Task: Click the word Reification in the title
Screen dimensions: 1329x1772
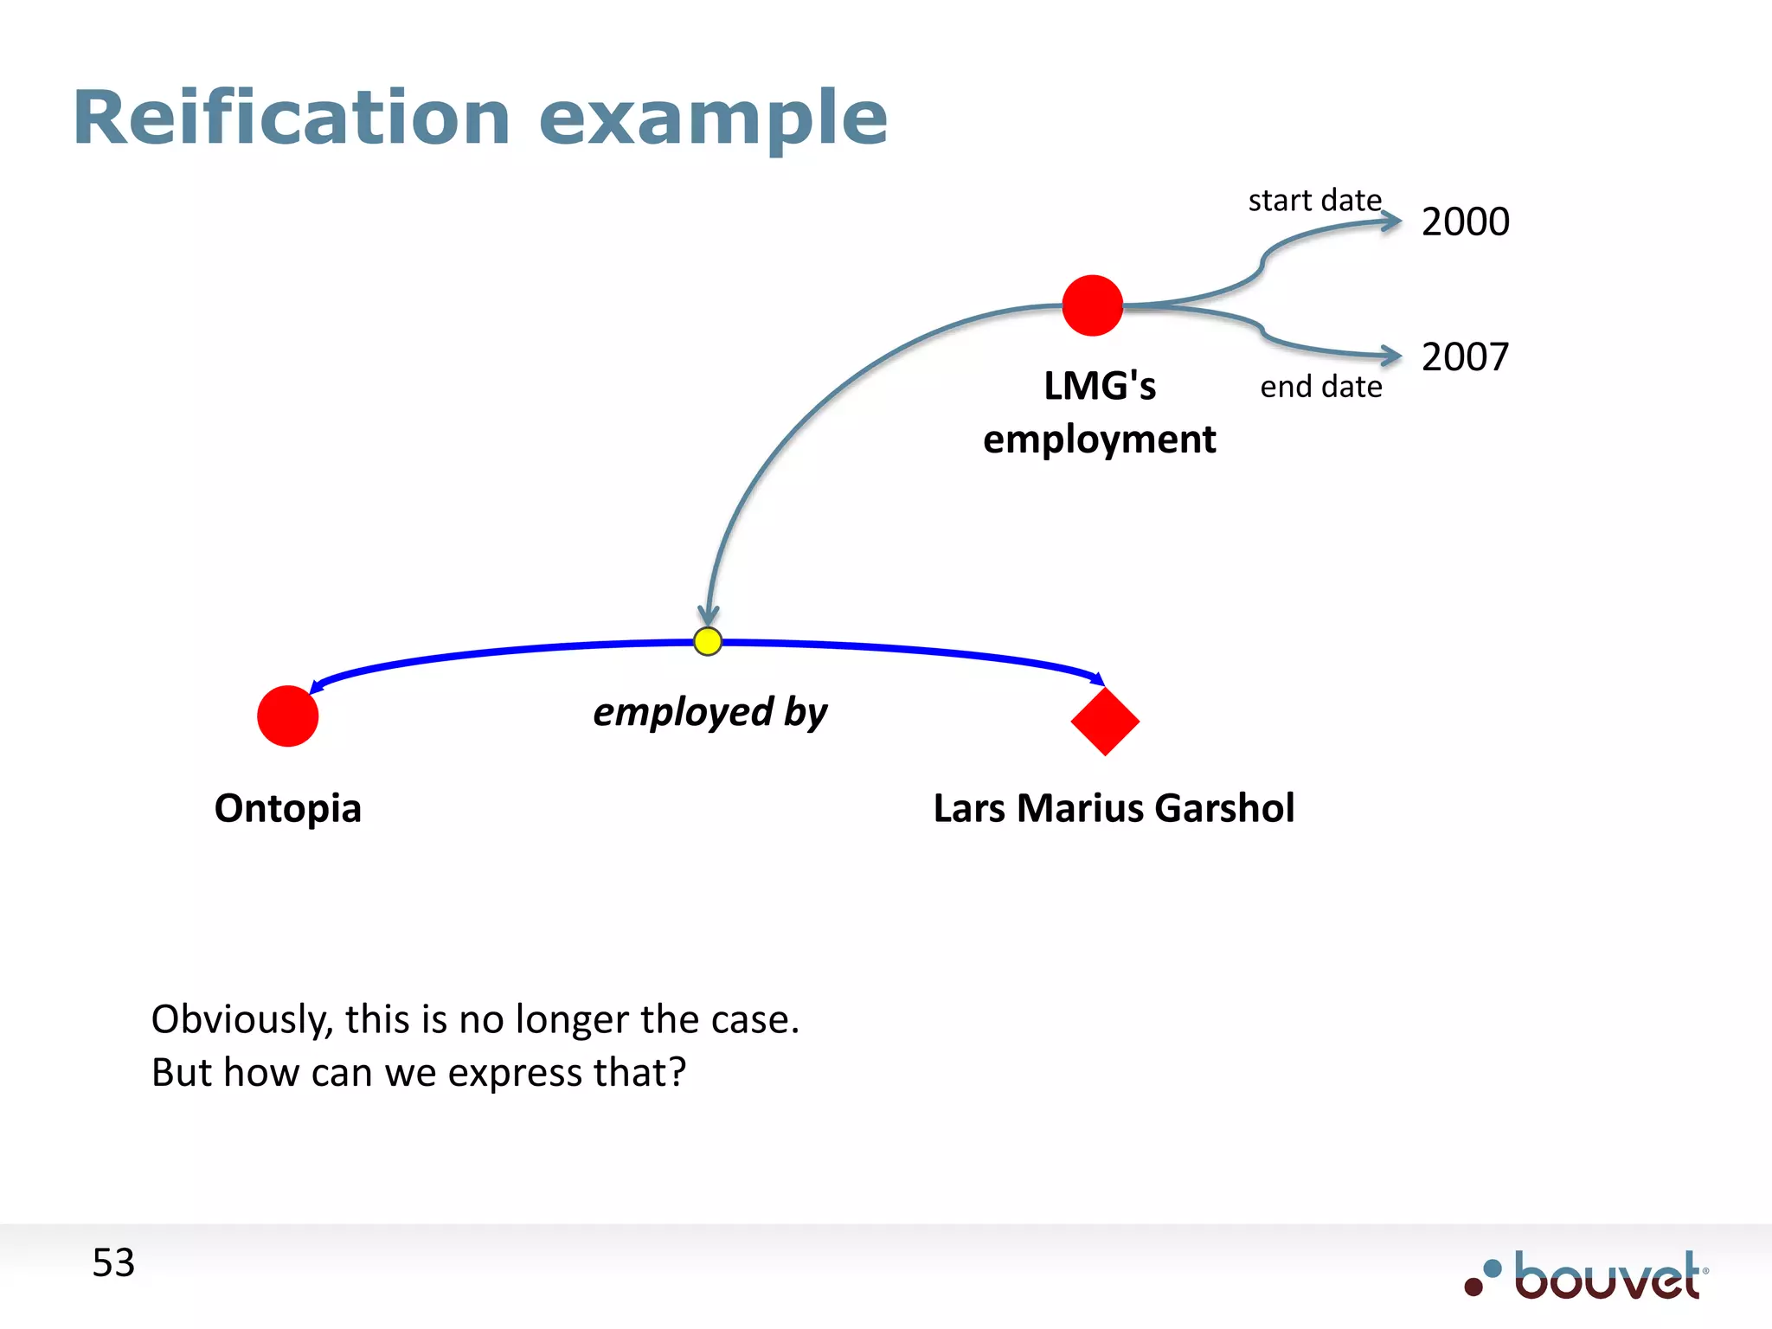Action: (292, 118)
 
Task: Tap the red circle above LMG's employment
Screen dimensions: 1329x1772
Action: (1092, 305)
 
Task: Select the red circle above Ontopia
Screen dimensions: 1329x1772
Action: (288, 716)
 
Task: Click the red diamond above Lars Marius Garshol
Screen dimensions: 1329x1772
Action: (1105, 721)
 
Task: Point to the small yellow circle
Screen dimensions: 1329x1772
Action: (708, 641)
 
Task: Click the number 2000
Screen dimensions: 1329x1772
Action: (1465, 221)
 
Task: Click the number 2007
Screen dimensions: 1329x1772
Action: (1465, 356)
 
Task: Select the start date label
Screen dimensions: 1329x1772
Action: (1314, 201)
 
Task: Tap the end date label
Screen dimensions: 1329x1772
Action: (1320, 387)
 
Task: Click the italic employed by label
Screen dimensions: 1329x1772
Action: (709, 713)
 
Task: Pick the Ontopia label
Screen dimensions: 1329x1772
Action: (288, 808)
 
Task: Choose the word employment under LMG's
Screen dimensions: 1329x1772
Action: (1099, 440)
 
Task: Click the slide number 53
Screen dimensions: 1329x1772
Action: (113, 1263)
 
